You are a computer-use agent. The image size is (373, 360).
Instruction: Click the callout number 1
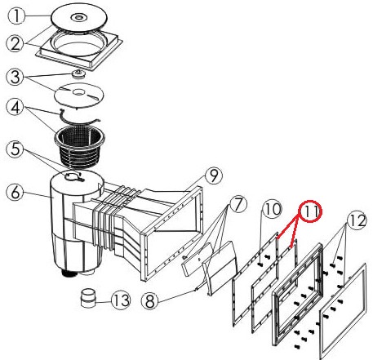pos(16,16)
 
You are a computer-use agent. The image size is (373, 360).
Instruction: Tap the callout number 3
pos(15,77)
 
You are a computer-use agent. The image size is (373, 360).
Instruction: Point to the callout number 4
pos(16,107)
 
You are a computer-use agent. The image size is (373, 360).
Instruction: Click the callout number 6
pos(15,192)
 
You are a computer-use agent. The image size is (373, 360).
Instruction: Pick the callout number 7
pos(238,204)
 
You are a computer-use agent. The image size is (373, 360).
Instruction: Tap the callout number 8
pos(150,300)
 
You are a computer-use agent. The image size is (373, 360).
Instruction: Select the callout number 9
pos(214,176)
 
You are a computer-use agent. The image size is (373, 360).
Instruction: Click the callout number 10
pos(272,209)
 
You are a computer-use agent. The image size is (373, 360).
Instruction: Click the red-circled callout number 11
pos(310,211)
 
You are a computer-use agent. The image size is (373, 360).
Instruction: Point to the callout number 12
pos(357,220)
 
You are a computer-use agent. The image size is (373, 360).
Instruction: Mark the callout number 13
pos(121,300)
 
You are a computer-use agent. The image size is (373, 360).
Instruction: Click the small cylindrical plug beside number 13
pos(88,298)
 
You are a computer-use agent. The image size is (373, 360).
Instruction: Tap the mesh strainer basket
pos(79,146)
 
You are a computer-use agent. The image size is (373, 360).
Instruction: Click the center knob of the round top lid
pos(79,18)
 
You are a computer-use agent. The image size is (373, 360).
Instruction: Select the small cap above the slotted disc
pos(78,73)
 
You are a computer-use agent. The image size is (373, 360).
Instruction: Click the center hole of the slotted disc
pos(78,92)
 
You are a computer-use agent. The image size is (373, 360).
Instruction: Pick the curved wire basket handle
pos(79,118)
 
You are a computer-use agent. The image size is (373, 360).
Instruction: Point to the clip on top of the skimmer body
pos(74,176)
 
